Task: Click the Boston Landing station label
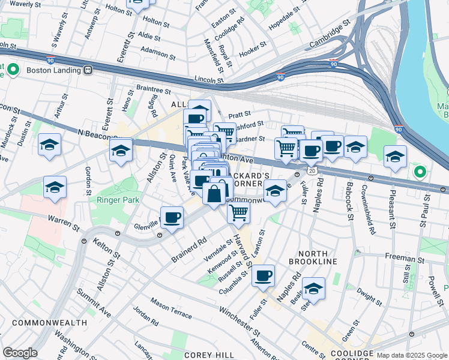point(53,70)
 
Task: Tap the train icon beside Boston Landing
point(88,70)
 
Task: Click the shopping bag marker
point(214,193)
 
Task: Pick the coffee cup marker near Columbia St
point(263,276)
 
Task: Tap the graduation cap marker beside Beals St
point(313,289)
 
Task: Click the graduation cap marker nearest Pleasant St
point(395,157)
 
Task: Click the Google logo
point(20,353)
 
